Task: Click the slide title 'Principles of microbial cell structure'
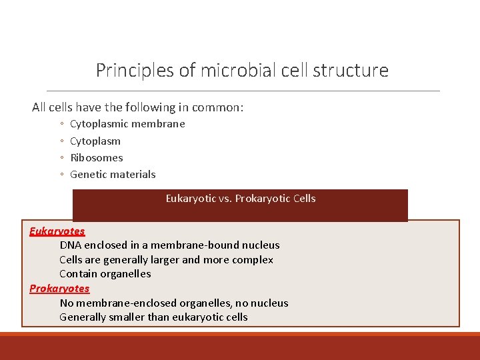(x=242, y=70)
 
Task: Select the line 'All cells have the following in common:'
(x=138, y=107)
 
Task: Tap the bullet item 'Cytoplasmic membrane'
(x=127, y=124)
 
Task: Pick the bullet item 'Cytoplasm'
(x=95, y=141)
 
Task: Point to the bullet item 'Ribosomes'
(x=97, y=158)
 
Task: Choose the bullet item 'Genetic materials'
(x=113, y=175)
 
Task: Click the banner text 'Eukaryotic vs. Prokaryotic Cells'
(x=241, y=199)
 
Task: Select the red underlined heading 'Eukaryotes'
(x=57, y=231)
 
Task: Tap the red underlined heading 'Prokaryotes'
(x=59, y=289)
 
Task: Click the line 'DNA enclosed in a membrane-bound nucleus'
(x=169, y=245)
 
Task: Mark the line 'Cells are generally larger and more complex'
(x=166, y=260)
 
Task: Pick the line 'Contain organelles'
(x=105, y=274)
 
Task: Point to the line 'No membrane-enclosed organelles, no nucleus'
(x=174, y=303)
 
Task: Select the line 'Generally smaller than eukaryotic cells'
(x=153, y=317)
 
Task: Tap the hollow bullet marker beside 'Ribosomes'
(x=61, y=158)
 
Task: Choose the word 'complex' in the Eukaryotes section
(x=253, y=260)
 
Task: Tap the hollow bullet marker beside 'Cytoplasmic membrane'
(x=61, y=124)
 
